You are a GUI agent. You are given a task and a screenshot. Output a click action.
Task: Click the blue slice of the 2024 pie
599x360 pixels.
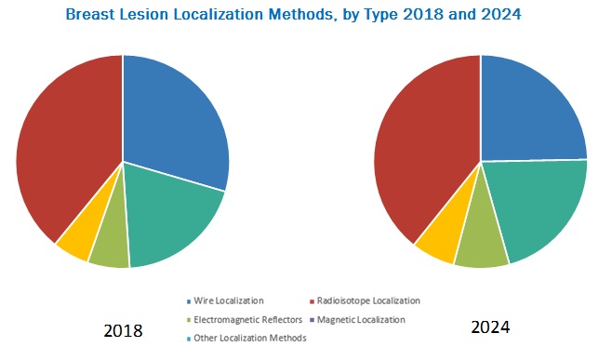tap(530, 112)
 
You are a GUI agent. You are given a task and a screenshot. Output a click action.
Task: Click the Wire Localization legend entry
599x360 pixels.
tap(229, 300)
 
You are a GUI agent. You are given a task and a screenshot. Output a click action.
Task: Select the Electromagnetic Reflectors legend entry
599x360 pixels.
tap(241, 319)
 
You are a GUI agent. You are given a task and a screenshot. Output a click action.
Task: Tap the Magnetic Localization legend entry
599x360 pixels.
tap(361, 319)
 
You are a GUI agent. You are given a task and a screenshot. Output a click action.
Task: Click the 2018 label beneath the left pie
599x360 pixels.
tap(122, 330)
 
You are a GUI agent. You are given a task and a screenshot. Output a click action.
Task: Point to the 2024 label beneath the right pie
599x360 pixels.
tap(490, 327)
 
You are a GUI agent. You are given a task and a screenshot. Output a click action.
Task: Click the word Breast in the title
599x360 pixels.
tap(94, 16)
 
